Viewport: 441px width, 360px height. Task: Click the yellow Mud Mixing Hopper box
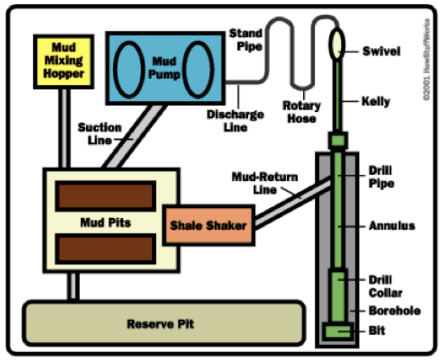63,60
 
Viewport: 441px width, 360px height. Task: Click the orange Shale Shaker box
208,226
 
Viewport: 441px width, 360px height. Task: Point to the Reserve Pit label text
160,324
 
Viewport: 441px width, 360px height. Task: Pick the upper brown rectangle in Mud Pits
106,196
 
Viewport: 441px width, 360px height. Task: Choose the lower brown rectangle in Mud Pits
106,248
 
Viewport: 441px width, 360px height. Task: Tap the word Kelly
375,101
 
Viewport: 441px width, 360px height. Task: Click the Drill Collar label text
385,286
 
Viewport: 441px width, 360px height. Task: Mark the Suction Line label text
100,133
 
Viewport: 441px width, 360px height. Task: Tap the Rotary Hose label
301,112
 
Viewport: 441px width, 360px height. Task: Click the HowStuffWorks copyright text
427,59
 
